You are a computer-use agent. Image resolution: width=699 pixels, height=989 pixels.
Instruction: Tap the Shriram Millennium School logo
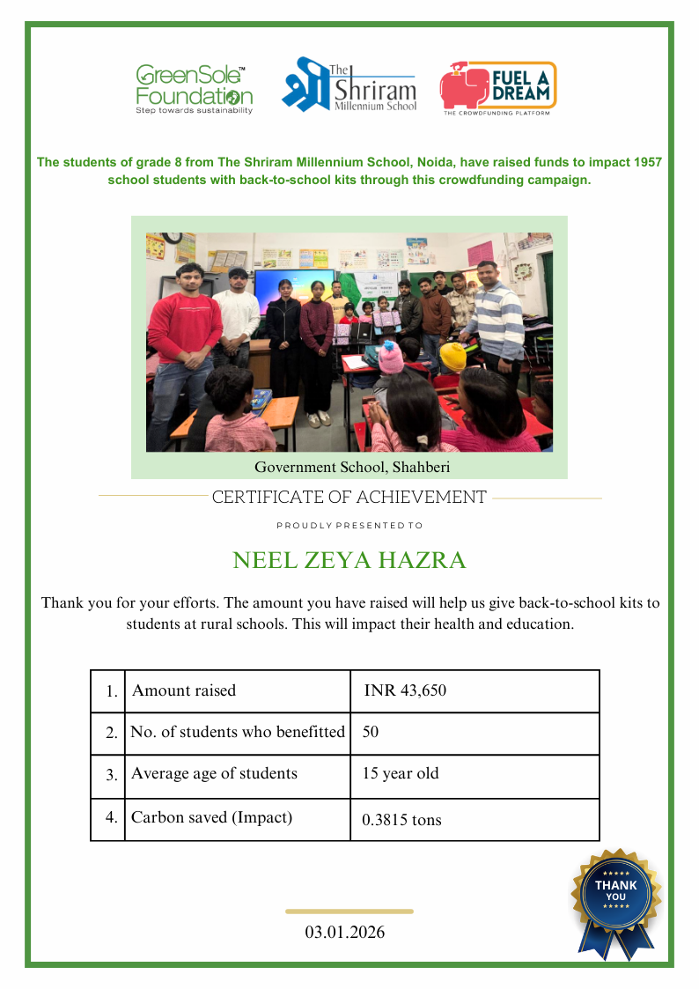(349, 86)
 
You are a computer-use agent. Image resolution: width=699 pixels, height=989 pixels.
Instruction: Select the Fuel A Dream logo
(497, 88)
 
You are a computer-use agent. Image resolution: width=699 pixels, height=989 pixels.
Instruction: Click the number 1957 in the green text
(646, 163)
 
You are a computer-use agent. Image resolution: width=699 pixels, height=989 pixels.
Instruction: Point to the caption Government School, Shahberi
(352, 467)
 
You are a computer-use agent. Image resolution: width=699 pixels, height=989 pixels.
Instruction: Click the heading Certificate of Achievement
(349, 498)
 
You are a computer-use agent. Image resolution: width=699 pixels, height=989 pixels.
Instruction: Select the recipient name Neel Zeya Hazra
(349, 560)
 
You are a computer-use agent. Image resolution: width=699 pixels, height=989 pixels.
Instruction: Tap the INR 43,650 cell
(405, 690)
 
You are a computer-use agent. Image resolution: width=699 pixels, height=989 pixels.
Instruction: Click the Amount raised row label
(184, 690)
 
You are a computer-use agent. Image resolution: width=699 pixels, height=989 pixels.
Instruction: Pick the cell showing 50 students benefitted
(371, 732)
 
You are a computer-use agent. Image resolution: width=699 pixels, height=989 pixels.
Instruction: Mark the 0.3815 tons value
(401, 820)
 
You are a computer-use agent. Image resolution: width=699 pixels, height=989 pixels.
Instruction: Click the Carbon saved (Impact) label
(211, 817)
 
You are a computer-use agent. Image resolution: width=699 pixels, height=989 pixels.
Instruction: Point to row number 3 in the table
(112, 775)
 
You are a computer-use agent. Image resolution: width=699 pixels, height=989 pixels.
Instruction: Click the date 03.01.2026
(345, 932)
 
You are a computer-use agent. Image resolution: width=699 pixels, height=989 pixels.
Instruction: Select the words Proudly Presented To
(349, 526)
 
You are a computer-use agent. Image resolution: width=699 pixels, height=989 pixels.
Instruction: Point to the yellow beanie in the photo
(453, 355)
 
